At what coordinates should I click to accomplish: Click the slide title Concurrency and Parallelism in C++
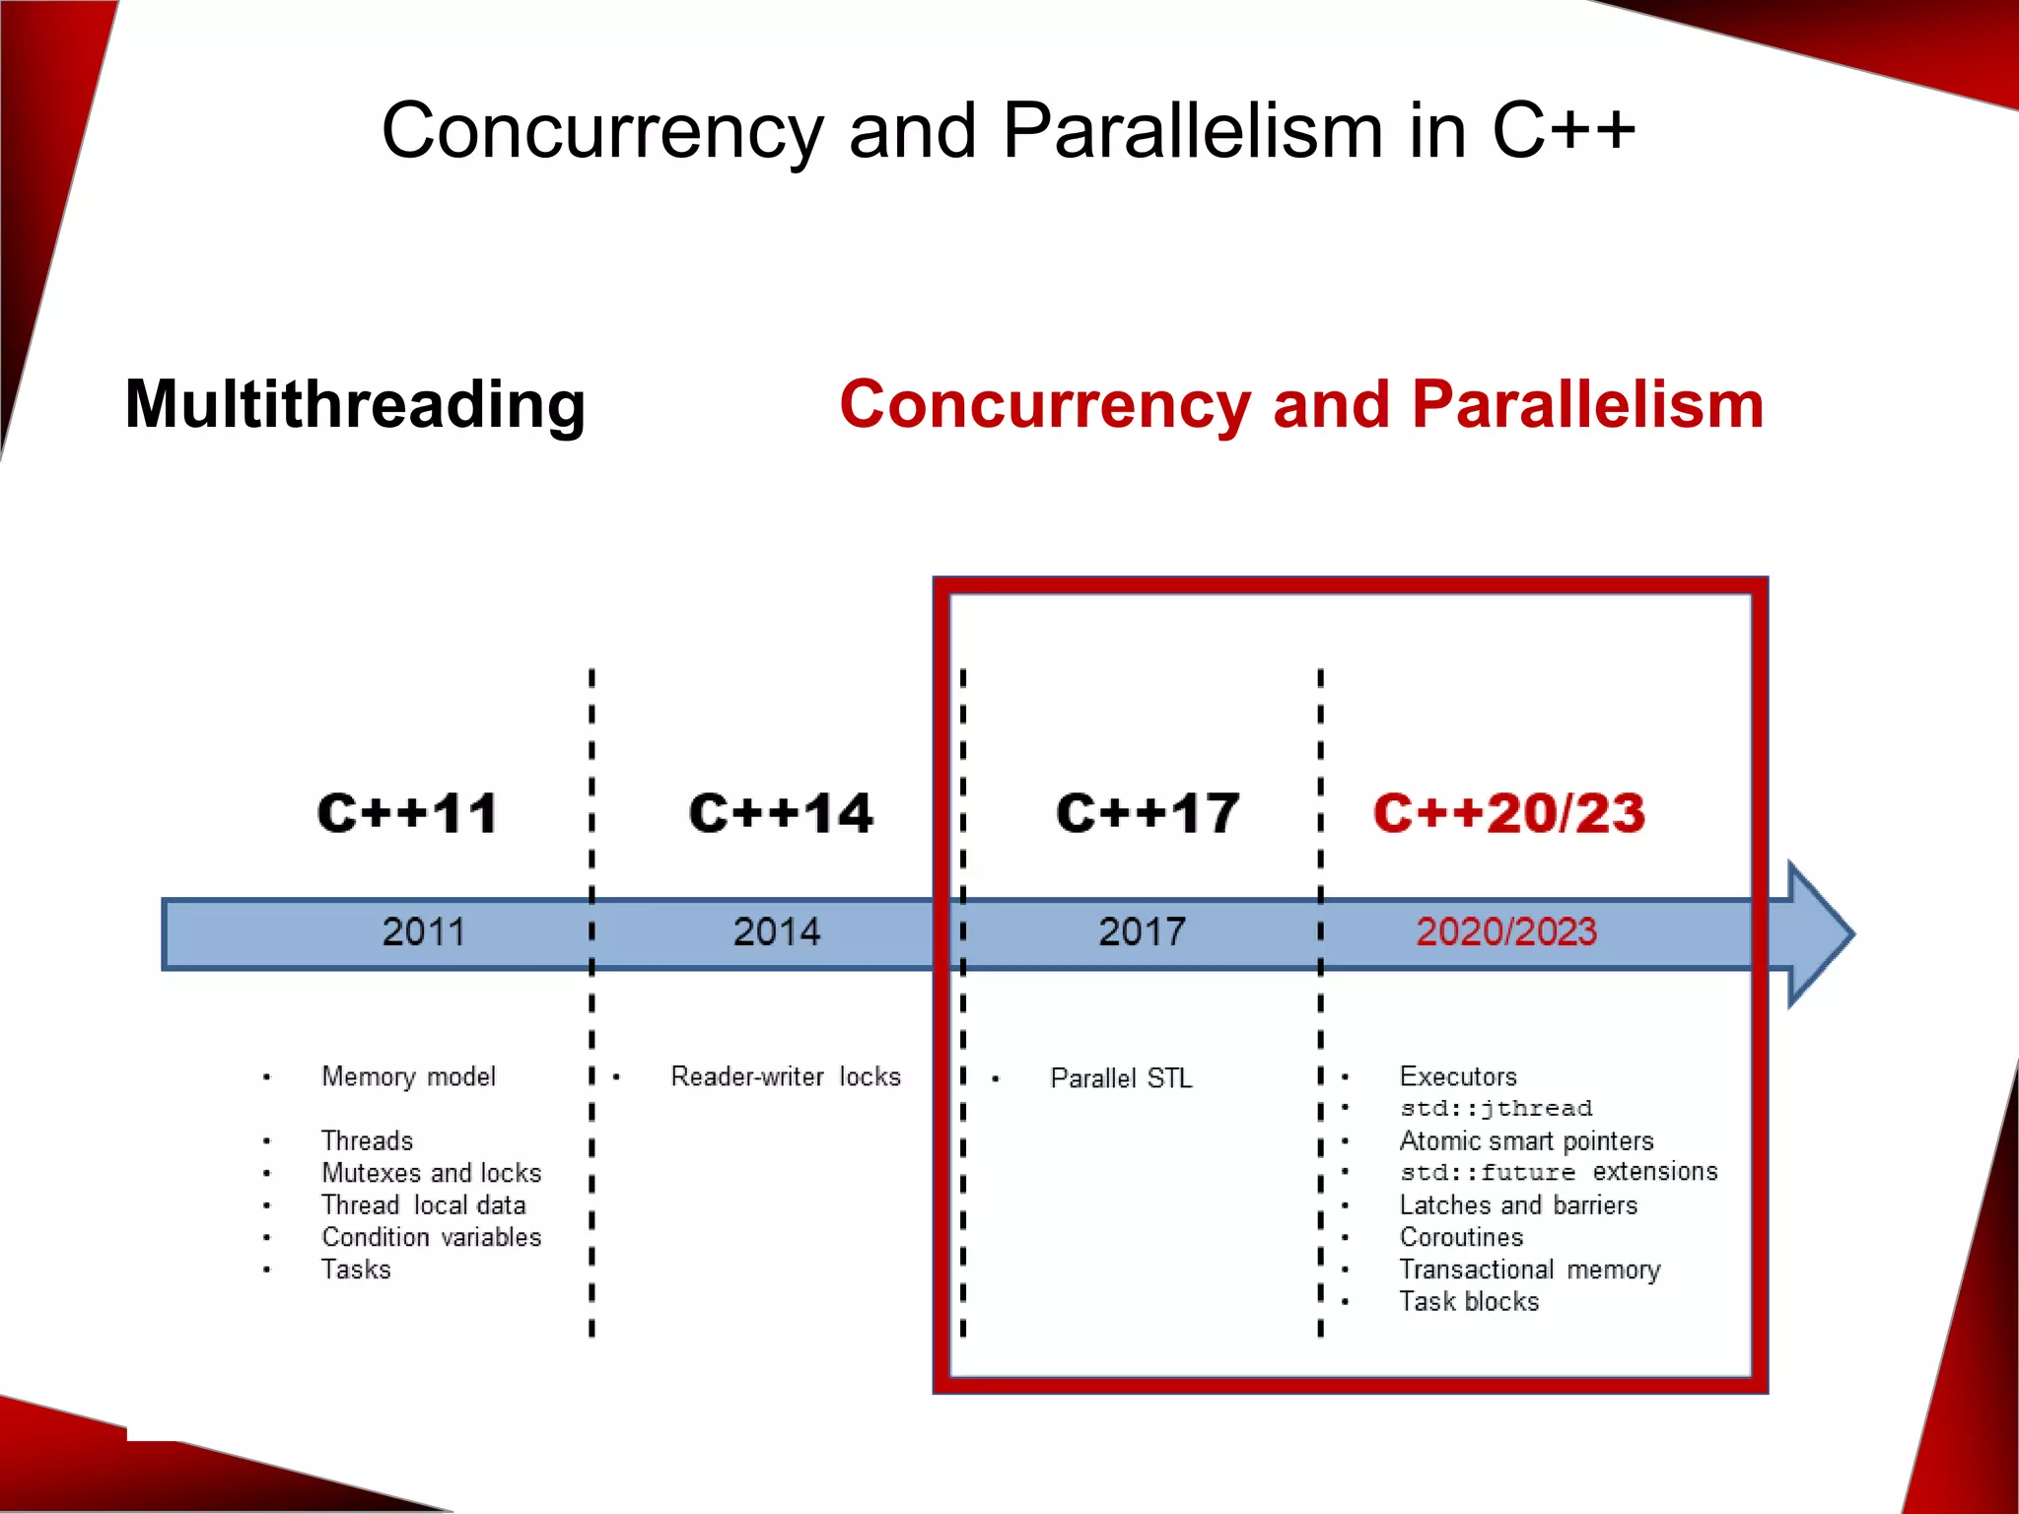coord(1008,131)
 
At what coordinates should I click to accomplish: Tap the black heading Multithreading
coord(355,404)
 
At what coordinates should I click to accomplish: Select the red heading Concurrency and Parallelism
coord(1301,404)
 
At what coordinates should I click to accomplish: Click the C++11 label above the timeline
coord(407,814)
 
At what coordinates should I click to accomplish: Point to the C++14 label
coord(781,814)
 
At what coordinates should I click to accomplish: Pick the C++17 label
coord(1147,814)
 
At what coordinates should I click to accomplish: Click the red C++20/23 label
coord(1508,814)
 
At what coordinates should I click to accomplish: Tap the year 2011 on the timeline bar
coord(423,931)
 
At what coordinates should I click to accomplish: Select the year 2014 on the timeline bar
coord(776,931)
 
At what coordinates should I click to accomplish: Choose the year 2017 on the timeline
coord(1142,931)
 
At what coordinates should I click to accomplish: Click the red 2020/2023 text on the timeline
coord(1505,931)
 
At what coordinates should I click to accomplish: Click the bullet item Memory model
coord(408,1076)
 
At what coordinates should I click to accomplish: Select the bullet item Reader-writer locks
coord(786,1076)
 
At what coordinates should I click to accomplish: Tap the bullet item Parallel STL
coord(1121,1078)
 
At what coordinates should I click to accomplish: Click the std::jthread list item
coord(1496,1108)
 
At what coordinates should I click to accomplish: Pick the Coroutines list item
coord(1461,1237)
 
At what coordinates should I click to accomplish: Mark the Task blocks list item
coord(1469,1301)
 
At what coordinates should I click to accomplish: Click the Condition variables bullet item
coord(431,1237)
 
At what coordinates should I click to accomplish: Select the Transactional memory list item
coord(1529,1270)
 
